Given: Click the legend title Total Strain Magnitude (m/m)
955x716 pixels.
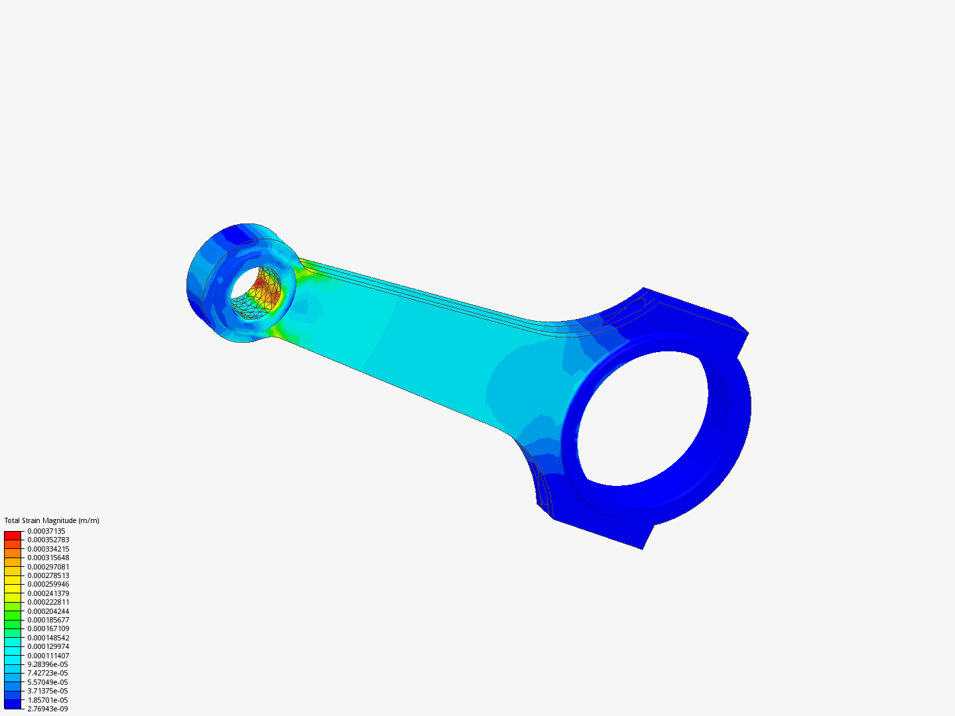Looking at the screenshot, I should [52, 520].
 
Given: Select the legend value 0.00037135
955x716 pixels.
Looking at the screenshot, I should [46, 531].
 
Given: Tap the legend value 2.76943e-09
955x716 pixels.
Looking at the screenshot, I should [48, 709].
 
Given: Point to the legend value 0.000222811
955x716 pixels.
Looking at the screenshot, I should [48, 602].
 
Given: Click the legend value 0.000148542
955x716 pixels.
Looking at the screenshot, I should [48, 638].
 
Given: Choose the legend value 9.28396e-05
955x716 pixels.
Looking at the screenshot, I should [48, 664].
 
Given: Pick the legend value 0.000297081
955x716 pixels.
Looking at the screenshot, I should [48, 567].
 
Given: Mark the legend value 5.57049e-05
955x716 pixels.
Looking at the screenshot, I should [48, 682].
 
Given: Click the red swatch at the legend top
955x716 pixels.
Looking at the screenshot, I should [13, 535].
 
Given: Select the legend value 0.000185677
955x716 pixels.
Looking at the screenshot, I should [48, 620].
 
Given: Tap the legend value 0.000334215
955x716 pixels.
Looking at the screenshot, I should [48, 549].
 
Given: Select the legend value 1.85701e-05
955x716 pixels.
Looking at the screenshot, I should [48, 700].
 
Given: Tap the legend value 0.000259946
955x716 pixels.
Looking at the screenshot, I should [48, 584].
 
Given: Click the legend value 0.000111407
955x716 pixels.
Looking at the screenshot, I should [48, 656].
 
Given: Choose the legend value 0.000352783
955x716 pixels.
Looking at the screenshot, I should [48, 540].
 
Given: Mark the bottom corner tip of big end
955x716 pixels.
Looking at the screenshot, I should [642, 548].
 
